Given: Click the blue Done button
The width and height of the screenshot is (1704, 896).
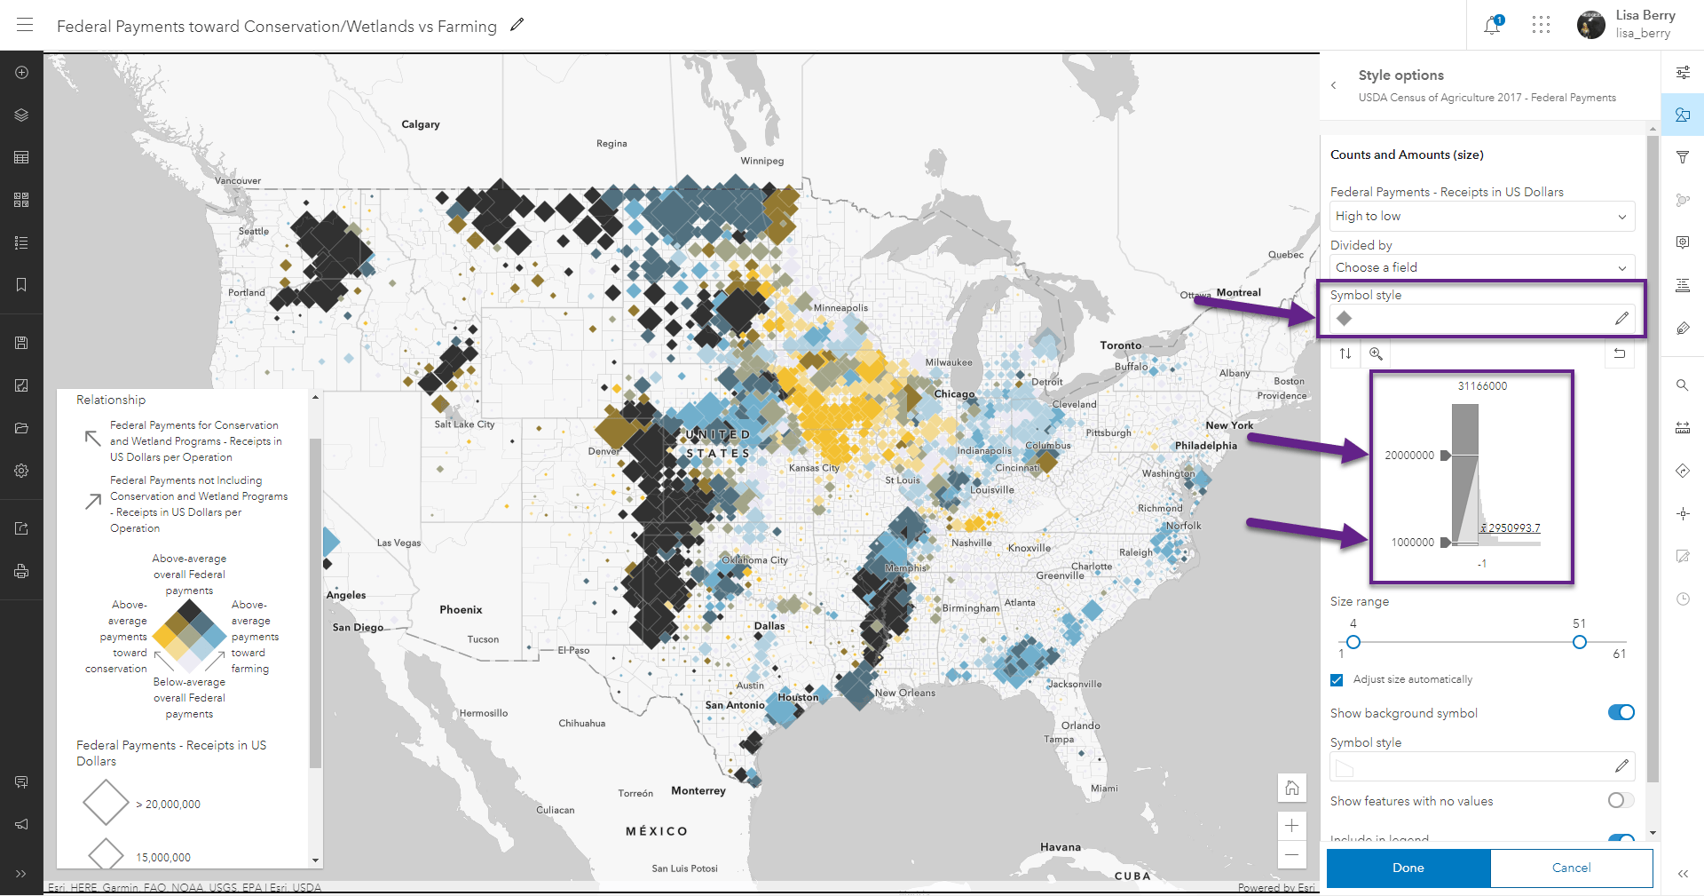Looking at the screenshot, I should point(1408,868).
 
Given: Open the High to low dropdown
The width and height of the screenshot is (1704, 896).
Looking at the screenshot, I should point(1481,216).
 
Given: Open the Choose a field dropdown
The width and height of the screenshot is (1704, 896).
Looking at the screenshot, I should point(1481,267).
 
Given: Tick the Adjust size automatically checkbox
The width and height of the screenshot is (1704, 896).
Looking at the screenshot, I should point(1337,680).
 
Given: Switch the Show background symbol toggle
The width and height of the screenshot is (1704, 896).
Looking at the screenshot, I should point(1621,712).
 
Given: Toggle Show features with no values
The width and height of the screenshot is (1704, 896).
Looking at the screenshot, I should point(1621,800).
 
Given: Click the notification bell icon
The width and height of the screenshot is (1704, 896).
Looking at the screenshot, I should point(1492,26).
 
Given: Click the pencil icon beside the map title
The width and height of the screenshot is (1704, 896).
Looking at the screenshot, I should point(517,25).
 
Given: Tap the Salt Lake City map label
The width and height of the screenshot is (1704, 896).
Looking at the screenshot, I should point(464,424).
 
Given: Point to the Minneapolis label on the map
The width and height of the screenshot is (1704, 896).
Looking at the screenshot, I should point(840,308).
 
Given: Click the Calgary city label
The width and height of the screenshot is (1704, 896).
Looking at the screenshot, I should point(421,124).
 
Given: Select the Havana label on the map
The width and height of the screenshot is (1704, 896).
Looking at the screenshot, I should point(1061,847).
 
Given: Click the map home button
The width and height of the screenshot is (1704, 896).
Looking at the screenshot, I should point(1291,788).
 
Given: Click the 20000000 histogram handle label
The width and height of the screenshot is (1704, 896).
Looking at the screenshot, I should point(1409,456).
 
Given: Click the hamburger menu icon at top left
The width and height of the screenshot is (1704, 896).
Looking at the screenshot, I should point(25,25).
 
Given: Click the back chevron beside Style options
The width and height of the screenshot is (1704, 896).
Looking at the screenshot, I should point(1333,85).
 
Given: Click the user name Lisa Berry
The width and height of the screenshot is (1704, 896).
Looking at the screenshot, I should point(1645,15).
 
